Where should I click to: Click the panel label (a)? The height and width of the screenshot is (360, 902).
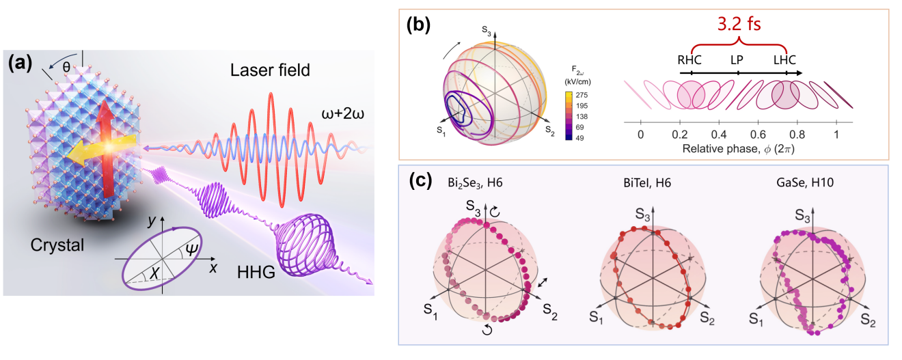tap(20, 64)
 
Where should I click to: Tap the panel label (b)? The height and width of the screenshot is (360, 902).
tap(418, 25)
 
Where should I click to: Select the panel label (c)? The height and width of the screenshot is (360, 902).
tap(420, 181)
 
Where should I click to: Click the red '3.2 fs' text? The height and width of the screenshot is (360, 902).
tap(739, 24)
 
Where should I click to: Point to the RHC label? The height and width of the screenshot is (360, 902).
tap(689, 60)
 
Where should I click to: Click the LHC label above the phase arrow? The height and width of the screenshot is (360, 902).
tap(784, 60)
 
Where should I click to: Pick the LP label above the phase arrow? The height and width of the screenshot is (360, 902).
tap(737, 60)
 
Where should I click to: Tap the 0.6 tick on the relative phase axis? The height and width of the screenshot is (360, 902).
tap(758, 134)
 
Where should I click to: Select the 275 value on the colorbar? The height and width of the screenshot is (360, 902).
tap(582, 95)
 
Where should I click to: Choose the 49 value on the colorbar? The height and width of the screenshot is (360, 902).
tap(579, 138)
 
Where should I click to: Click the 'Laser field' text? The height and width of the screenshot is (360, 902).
tap(270, 70)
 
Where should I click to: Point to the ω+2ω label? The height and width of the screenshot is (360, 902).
tap(342, 113)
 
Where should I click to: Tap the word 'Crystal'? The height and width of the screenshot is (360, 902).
tap(57, 245)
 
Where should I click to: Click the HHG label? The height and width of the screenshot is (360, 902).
tap(256, 273)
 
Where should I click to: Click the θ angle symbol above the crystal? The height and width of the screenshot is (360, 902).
tap(66, 67)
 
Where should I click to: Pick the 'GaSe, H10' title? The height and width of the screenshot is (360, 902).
tap(805, 183)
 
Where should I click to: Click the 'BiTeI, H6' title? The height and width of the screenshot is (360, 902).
tap(647, 183)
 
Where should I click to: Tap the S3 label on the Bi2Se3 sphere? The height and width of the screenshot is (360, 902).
tap(473, 207)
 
